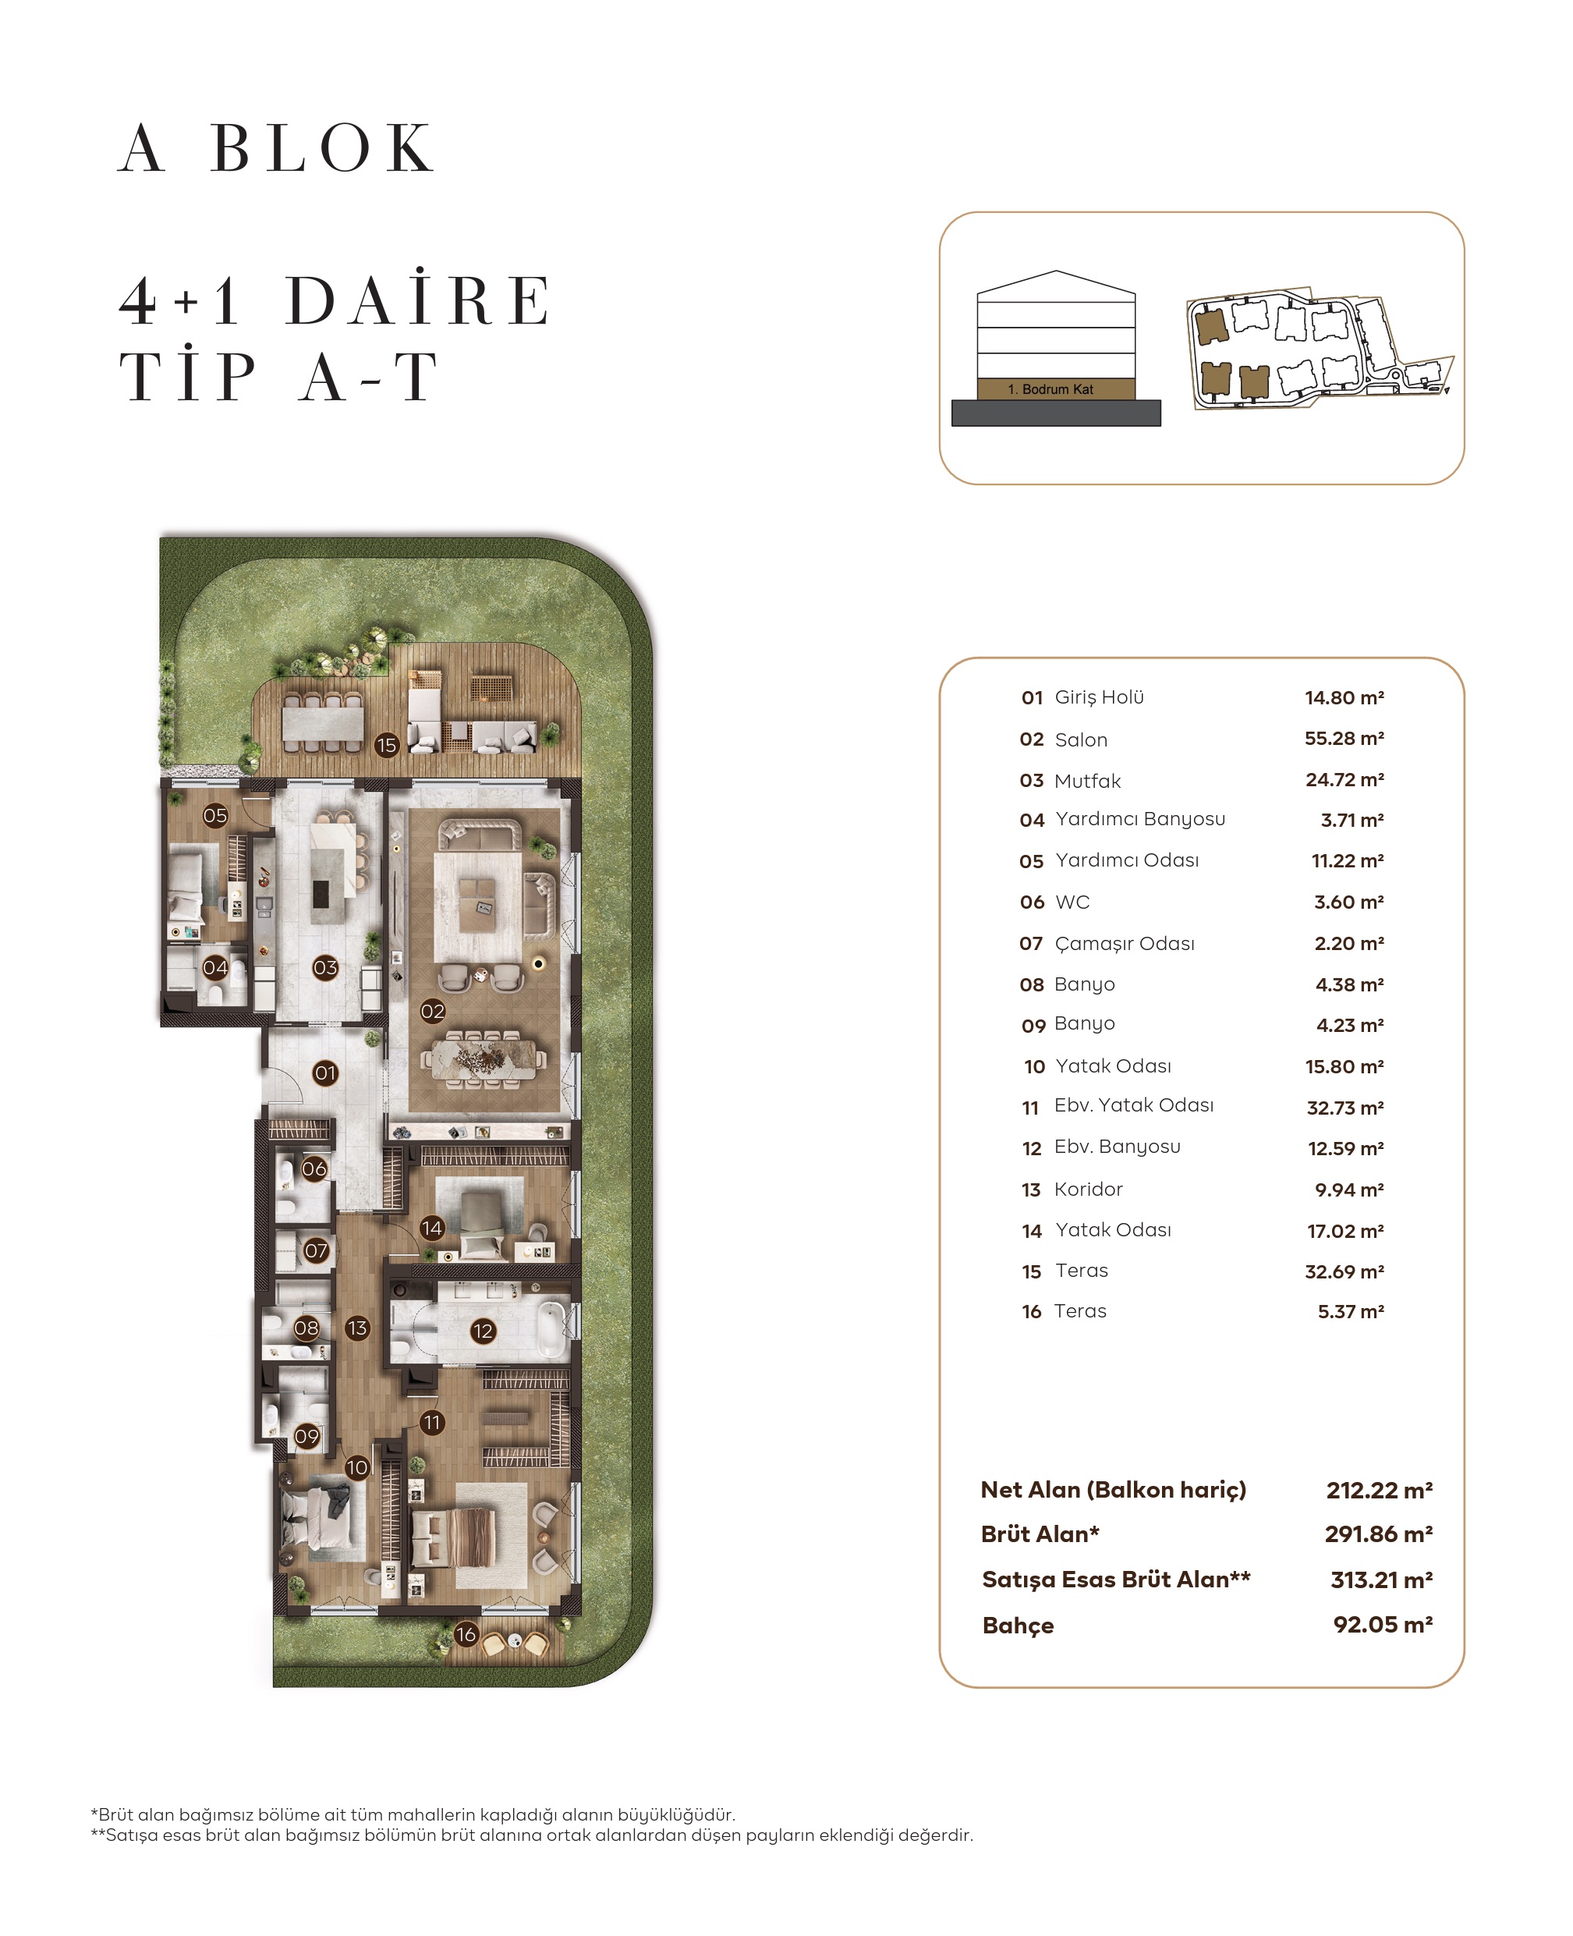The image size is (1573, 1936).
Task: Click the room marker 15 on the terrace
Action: click(x=387, y=745)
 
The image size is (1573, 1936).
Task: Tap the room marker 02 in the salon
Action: click(x=432, y=1012)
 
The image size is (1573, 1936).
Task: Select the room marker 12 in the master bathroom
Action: click(x=482, y=1331)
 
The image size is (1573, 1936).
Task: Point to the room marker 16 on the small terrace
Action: click(x=466, y=1634)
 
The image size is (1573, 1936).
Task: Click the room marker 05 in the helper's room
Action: click(x=214, y=815)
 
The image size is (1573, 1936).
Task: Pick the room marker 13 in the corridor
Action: click(x=357, y=1328)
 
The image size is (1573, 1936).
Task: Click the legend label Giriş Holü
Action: click(x=1098, y=697)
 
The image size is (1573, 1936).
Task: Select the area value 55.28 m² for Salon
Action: click(x=1344, y=739)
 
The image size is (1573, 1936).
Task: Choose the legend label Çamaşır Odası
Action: click(x=1124, y=944)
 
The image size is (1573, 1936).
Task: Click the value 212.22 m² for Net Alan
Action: click(x=1378, y=1490)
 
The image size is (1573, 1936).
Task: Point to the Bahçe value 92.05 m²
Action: click(x=1382, y=1624)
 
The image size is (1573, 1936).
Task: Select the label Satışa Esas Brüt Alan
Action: click(x=1115, y=1579)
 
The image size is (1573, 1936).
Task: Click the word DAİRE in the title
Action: click(x=418, y=301)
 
